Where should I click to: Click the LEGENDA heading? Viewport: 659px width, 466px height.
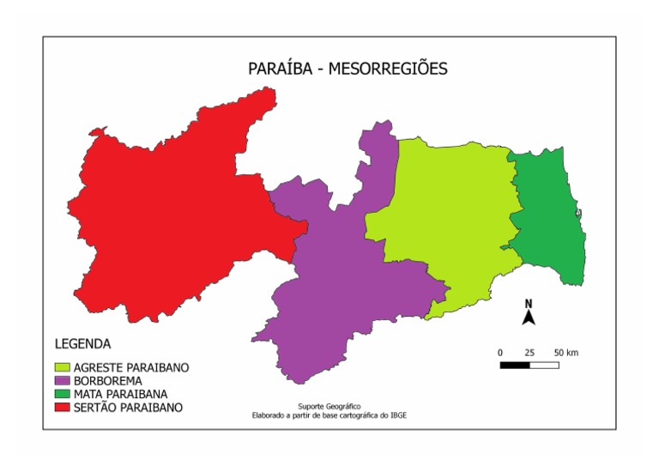pos(82,344)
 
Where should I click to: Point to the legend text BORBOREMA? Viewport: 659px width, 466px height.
pos(108,380)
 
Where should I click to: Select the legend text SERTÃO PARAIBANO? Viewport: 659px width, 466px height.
pos(129,407)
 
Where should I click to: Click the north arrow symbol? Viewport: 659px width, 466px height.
pos(529,314)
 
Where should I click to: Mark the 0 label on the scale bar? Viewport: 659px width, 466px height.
pos(500,353)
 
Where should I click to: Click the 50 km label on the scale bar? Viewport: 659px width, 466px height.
pos(565,353)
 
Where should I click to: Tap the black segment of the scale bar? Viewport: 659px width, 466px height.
pos(515,365)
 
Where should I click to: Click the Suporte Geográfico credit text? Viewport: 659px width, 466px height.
pos(329,405)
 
